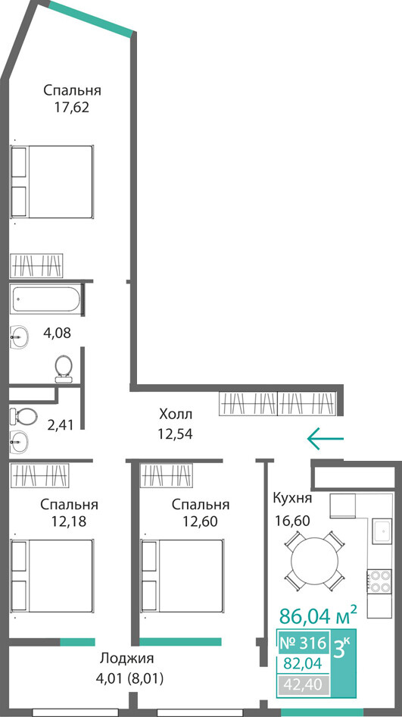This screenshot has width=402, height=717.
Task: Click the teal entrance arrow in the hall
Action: coord(325,439)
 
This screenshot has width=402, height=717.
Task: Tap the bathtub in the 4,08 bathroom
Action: coord(45,299)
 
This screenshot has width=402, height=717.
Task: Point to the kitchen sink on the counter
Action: coord(382,531)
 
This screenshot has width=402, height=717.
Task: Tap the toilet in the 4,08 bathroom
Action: coord(64,368)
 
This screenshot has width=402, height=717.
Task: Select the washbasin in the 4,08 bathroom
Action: coord(19,338)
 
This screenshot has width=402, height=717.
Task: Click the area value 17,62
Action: coord(72,108)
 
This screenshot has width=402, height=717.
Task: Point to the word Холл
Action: coord(176,415)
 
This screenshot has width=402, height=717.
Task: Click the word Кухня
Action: coord(292,498)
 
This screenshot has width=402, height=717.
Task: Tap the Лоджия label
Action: coord(126,659)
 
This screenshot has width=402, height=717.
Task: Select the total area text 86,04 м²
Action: coord(317,616)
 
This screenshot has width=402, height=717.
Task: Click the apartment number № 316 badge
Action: coord(303,643)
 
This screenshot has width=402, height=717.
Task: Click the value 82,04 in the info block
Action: coord(303,663)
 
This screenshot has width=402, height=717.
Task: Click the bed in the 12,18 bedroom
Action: coord(51,576)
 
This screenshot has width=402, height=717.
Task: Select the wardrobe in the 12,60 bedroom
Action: coord(167,475)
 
